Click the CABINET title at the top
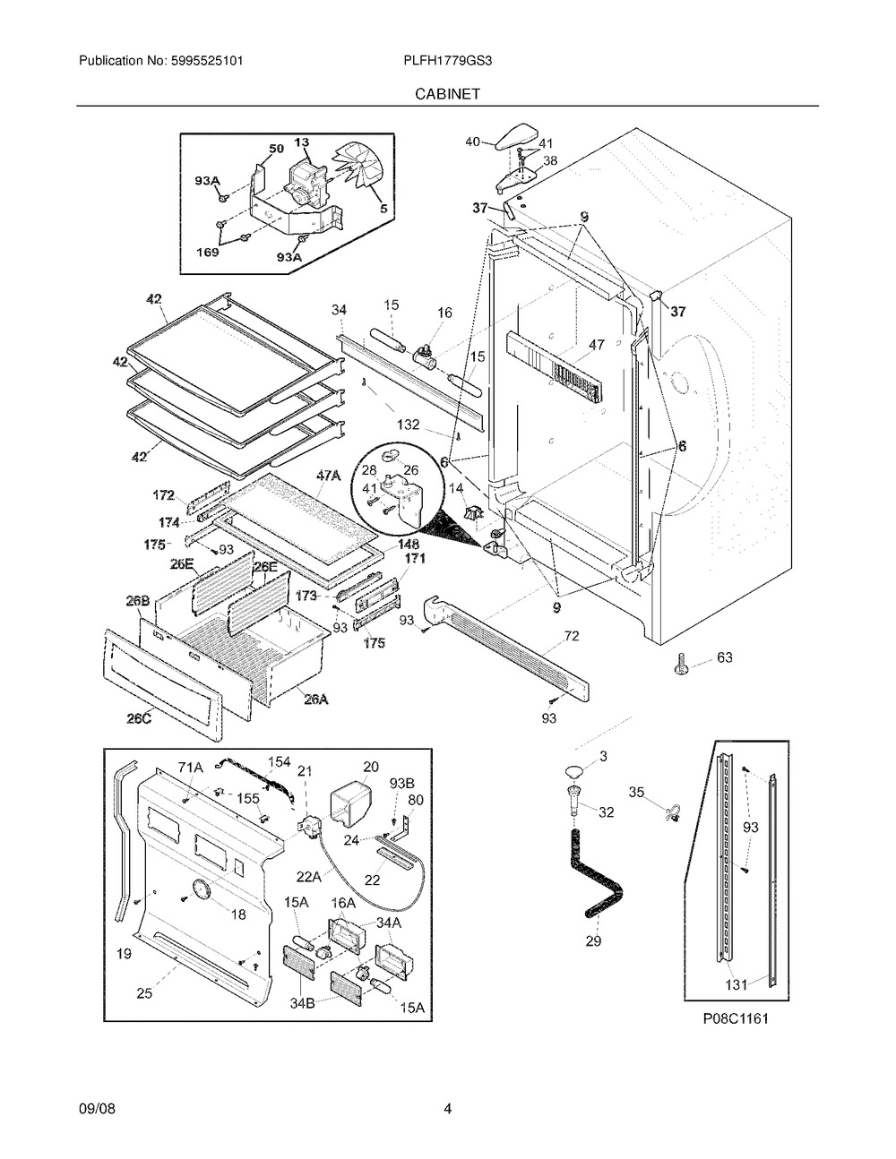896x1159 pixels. (447, 93)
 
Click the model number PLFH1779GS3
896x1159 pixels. (447, 61)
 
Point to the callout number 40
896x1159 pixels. (473, 141)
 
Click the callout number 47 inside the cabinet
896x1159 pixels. (597, 345)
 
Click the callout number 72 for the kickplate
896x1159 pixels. (572, 637)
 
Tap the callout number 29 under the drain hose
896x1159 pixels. (593, 940)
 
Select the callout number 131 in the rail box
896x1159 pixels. (736, 984)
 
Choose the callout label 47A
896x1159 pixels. (329, 477)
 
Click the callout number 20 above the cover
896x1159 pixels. (371, 767)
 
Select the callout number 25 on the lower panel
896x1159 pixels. (143, 992)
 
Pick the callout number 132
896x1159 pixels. (409, 425)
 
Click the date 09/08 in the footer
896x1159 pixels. (97, 1110)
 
